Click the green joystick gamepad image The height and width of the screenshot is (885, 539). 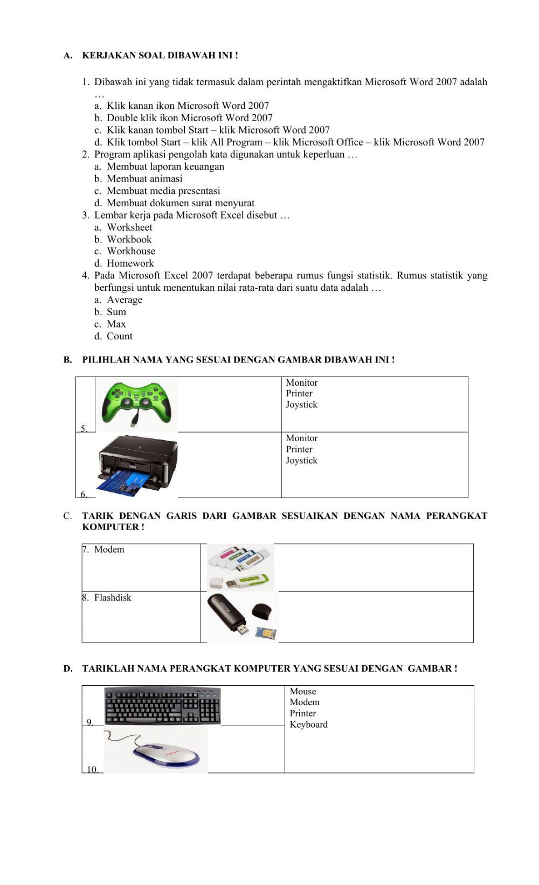tap(137, 403)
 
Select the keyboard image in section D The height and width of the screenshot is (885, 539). tap(162, 706)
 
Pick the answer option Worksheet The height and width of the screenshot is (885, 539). tap(129, 227)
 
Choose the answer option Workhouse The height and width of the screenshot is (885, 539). tap(131, 251)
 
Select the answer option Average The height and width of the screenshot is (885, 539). tap(125, 300)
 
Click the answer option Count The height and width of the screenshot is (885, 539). tap(120, 336)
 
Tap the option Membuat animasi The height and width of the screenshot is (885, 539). tap(144, 179)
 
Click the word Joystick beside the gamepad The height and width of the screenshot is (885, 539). tap(301, 405)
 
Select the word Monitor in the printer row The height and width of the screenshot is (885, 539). tap(301, 438)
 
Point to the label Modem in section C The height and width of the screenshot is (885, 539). tap(109, 549)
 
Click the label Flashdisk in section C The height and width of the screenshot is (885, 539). tap(112, 597)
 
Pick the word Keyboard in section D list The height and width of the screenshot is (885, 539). tap(308, 724)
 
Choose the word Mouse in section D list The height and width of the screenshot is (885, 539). tap(302, 692)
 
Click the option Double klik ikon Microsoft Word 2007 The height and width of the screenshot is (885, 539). tap(189, 118)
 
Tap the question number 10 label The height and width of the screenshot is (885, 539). tap(92, 770)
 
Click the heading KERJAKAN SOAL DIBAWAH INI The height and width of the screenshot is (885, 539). tap(160, 55)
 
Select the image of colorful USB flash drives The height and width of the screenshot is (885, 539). tap(240, 567)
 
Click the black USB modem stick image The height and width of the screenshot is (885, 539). tap(242, 617)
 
